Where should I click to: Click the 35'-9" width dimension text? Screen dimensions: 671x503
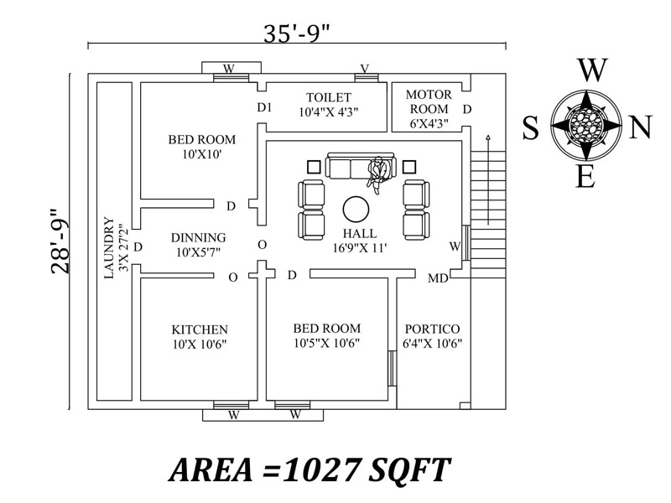coord(297,33)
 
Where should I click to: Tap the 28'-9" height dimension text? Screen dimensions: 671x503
coord(60,241)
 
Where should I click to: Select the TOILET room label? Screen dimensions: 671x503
coord(329,97)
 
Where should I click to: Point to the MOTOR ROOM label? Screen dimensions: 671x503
coord(429,101)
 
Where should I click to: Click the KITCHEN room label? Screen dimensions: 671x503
coord(200,329)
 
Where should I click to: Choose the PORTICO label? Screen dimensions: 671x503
coord(432,329)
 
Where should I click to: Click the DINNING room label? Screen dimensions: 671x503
coord(199,237)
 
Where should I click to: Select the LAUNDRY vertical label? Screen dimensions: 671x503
coord(109,248)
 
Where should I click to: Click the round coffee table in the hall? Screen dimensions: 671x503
coord(356,210)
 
